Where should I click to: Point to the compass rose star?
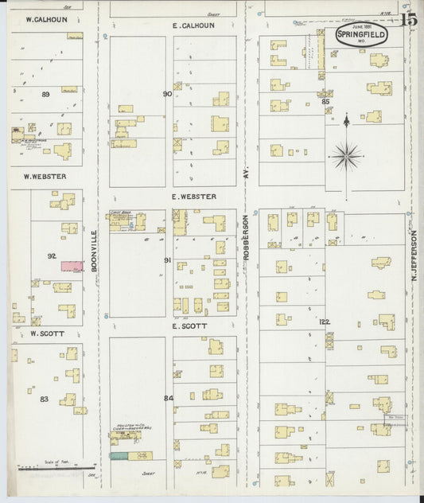point(346,154)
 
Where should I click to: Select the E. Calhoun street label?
point(193,25)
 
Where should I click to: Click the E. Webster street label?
point(193,197)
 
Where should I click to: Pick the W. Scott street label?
point(46,334)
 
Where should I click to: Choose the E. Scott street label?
point(189,326)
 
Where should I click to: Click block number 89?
point(45,94)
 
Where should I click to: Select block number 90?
point(167,94)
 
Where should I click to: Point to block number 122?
point(325,322)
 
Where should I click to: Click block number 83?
point(45,399)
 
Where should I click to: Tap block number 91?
point(167,260)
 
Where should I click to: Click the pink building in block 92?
point(72,266)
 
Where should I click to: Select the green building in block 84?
point(119,456)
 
